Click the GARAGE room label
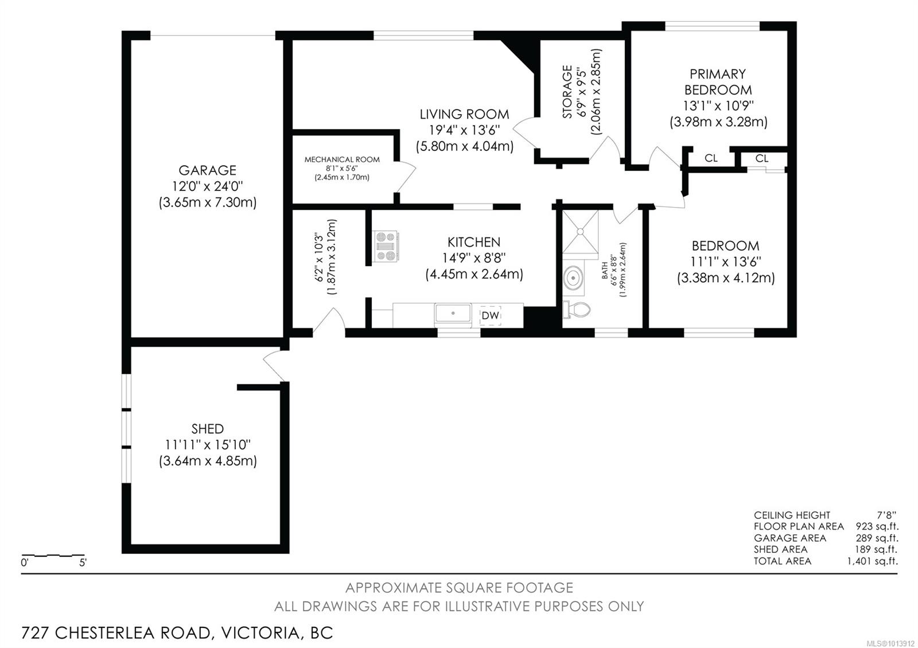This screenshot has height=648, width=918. click(207, 170)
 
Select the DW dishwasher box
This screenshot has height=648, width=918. click(491, 315)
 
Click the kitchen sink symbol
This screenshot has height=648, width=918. click(453, 314)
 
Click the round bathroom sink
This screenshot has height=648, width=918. click(573, 279)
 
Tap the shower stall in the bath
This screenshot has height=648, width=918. click(579, 231)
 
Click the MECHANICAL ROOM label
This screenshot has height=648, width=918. click(342, 159)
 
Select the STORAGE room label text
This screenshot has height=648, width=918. click(567, 92)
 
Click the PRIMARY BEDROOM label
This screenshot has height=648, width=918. click(718, 82)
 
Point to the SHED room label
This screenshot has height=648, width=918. click(208, 429)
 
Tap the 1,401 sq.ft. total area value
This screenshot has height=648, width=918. click(872, 561)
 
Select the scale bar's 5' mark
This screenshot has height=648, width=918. click(83, 563)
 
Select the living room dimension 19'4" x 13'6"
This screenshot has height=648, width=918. click(464, 130)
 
